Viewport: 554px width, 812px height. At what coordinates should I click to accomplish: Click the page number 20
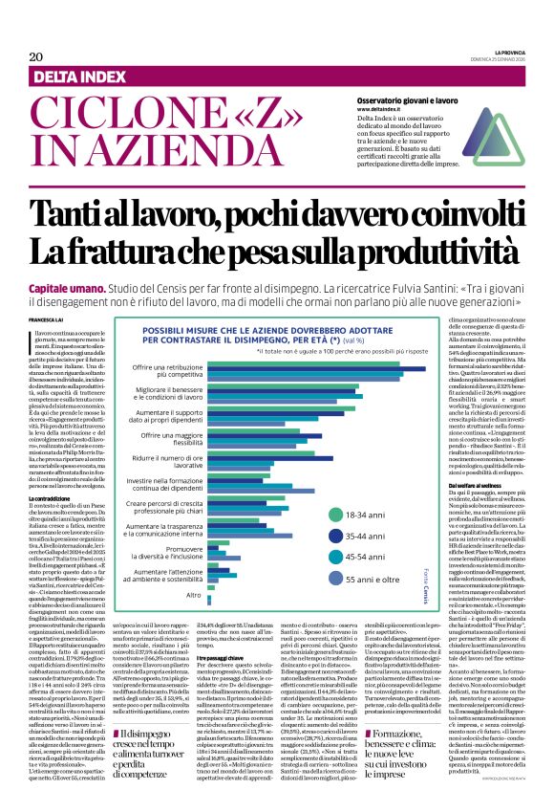[35, 57]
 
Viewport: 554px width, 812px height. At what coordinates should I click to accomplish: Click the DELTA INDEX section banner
[89, 76]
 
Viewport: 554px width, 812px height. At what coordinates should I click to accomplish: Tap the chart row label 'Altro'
[194, 595]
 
